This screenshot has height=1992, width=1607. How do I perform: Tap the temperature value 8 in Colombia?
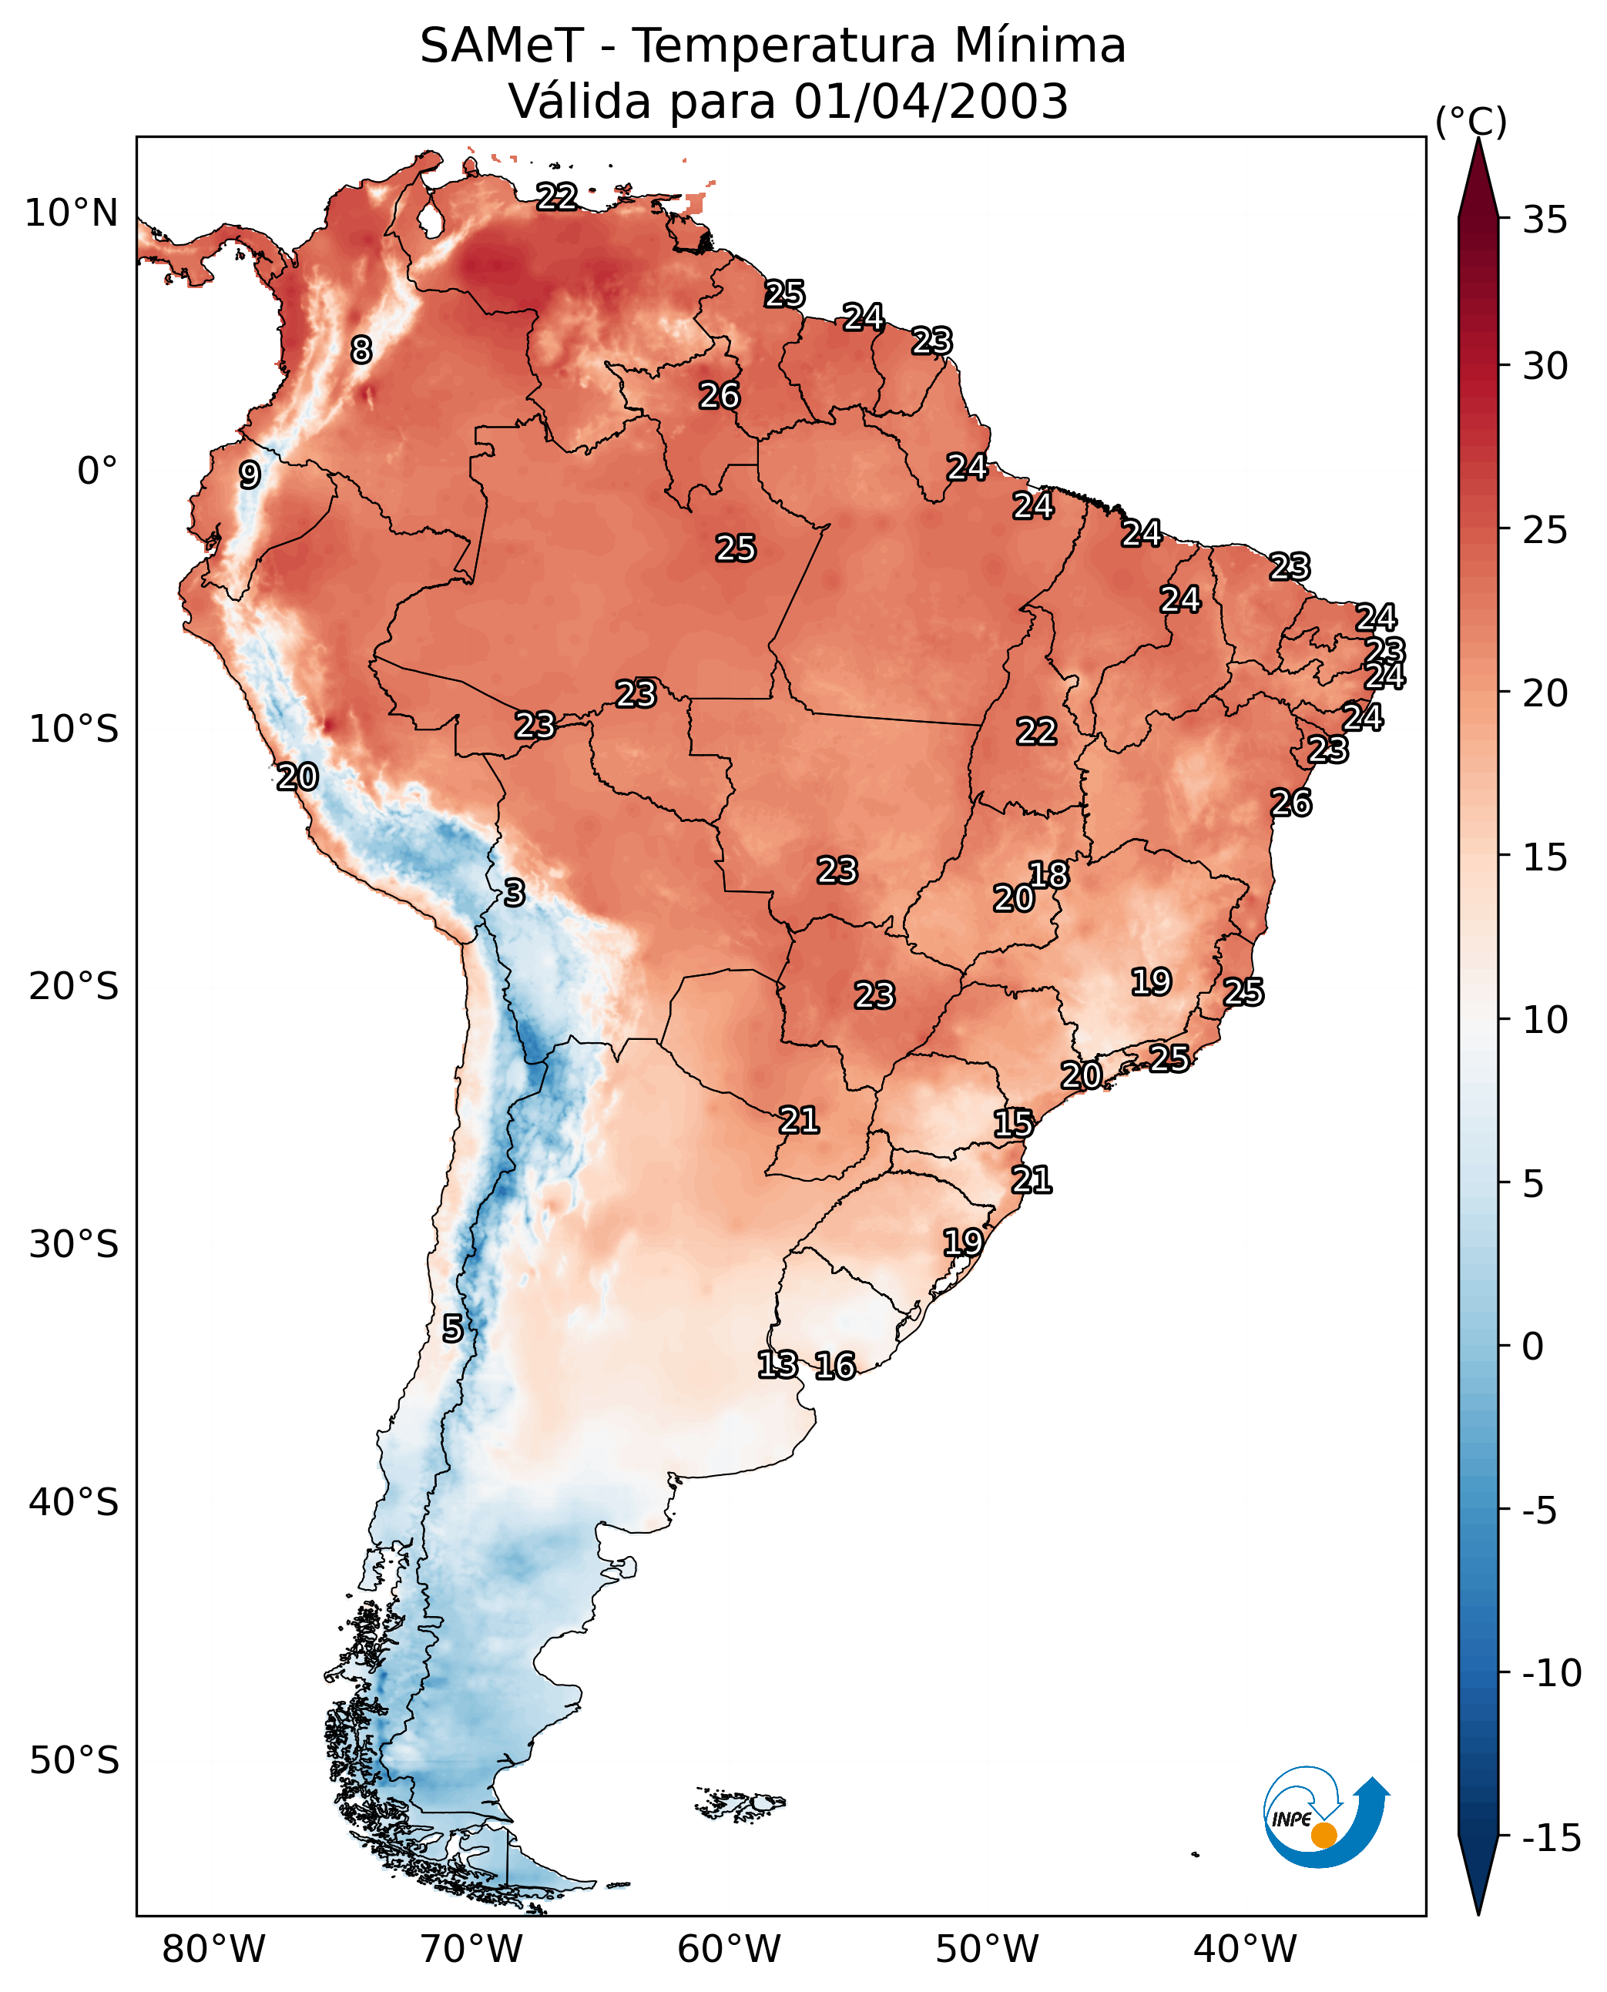pyautogui.click(x=361, y=350)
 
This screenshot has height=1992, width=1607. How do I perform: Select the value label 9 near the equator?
pyautogui.click(x=249, y=475)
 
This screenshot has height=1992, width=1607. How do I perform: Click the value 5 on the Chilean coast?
pyautogui.click(x=451, y=1328)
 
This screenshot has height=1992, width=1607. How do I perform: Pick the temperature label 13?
pyautogui.click(x=777, y=1363)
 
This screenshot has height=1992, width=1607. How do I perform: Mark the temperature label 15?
pyautogui.click(x=1014, y=1124)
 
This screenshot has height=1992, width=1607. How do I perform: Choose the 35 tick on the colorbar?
pyautogui.click(x=1545, y=220)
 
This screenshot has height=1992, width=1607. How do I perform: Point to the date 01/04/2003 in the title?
pyautogui.click(x=931, y=101)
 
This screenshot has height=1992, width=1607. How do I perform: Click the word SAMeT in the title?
pyautogui.click(x=502, y=45)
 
